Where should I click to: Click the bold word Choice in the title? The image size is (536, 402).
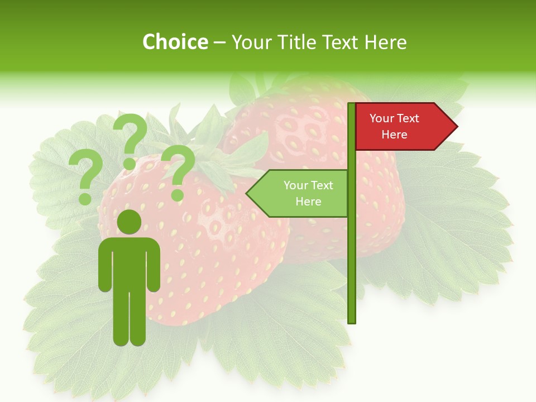(175, 42)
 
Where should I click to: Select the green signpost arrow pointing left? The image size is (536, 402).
(299, 193)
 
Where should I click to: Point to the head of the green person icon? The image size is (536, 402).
(129, 222)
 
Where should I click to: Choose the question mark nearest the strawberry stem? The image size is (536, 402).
(178, 171)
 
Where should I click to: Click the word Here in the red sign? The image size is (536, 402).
(394, 135)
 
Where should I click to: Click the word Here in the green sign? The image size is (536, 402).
(308, 202)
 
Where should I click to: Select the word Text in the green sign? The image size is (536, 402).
(322, 185)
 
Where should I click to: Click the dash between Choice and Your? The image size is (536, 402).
(219, 42)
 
